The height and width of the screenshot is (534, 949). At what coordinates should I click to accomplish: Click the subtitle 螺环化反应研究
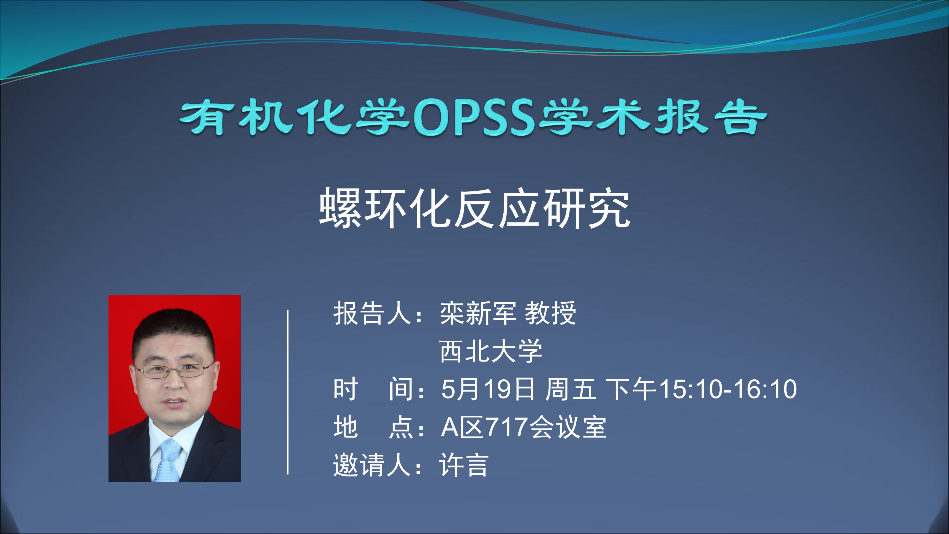pos(475,208)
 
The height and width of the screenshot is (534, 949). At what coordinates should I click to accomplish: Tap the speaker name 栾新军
pos(478,313)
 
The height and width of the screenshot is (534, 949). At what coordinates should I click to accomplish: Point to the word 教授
pos(550,313)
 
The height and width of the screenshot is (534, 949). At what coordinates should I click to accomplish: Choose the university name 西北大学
pos(491,351)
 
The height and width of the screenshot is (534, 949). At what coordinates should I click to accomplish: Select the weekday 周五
pos(570,389)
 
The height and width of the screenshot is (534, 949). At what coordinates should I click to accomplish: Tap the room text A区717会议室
pos(524,427)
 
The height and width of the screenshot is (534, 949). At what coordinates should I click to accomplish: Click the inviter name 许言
pos(464,465)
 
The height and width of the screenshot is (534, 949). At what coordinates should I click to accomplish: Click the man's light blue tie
pos(168,461)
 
